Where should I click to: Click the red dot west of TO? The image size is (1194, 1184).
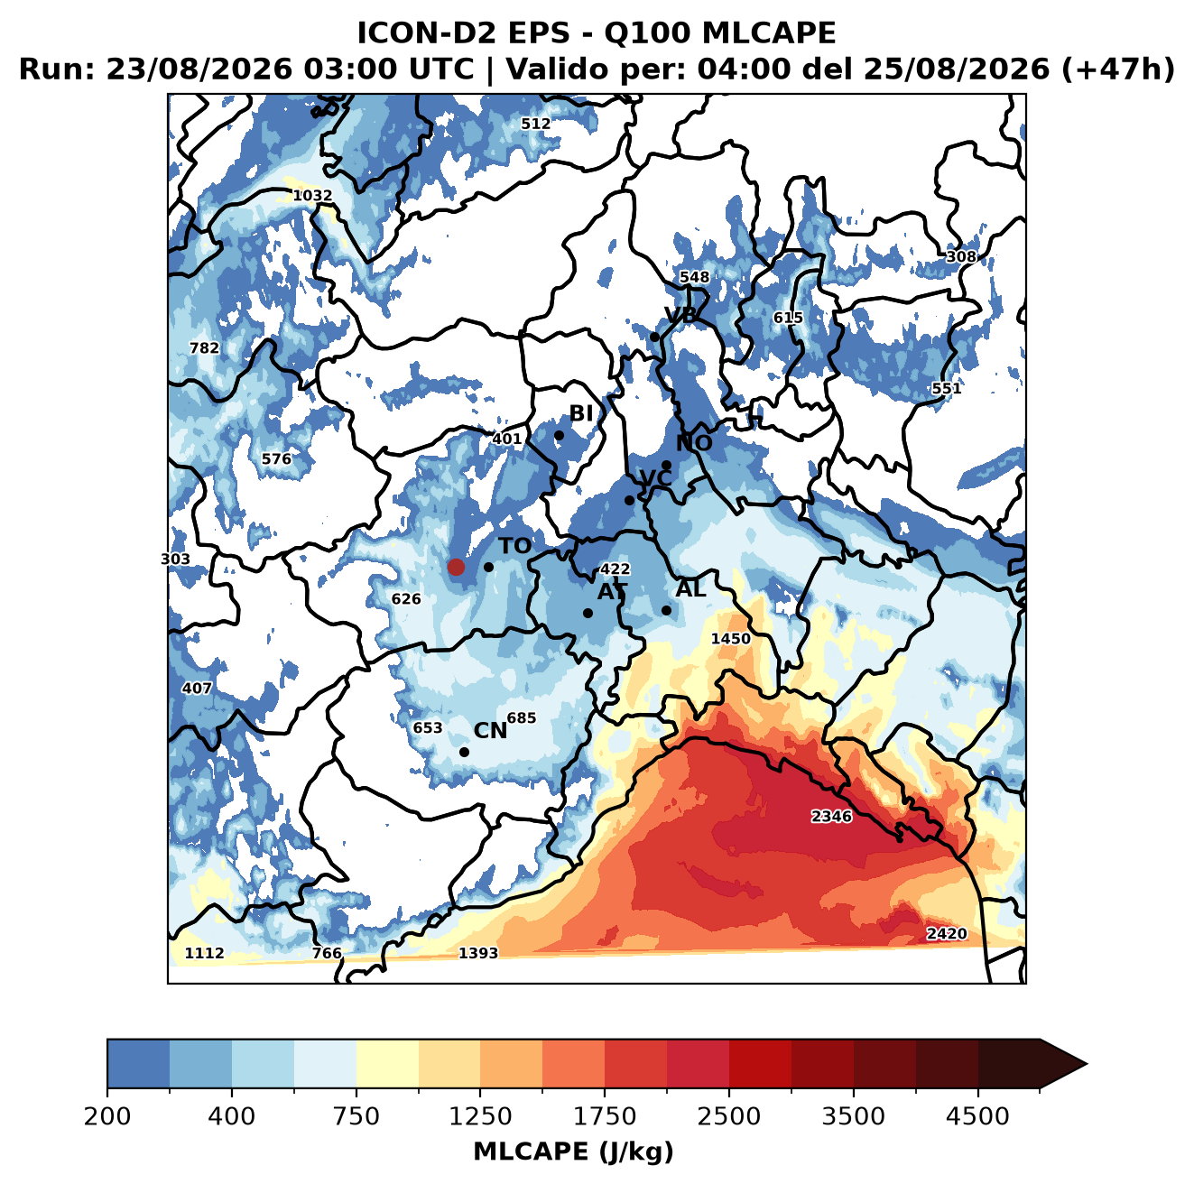[x=456, y=567]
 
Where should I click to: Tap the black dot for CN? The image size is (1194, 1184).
[x=464, y=752]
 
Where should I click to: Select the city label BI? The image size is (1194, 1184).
[x=580, y=413]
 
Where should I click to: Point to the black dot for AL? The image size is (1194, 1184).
[x=666, y=610]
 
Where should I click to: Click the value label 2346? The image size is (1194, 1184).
[x=831, y=816]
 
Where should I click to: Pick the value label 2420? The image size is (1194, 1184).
[x=946, y=933]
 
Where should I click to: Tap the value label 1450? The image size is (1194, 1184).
[x=730, y=638]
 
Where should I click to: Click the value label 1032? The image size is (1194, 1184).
[x=312, y=195]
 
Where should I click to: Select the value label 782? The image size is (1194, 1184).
[x=204, y=347]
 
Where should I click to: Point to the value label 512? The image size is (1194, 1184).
[x=535, y=124]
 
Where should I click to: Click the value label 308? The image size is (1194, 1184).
[x=961, y=256]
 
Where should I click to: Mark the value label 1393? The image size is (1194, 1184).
[x=477, y=952]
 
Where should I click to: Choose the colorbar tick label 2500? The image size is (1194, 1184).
[x=728, y=1116]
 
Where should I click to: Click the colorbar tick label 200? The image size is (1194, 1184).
[x=107, y=1116]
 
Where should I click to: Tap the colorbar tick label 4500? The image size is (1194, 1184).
[x=977, y=1116]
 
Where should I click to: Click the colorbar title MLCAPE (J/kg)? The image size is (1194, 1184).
[x=573, y=1152]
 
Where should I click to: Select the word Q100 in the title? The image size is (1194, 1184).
[x=646, y=32]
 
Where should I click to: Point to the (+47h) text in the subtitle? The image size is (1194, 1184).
[x=1118, y=69]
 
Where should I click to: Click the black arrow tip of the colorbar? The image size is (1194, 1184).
[x=1087, y=1064]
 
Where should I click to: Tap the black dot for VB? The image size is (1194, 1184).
[x=654, y=337]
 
